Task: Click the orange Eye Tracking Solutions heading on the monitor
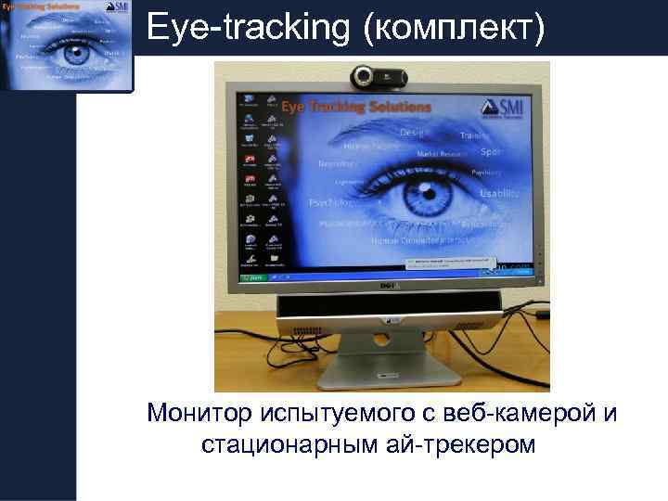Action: (x=356, y=107)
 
